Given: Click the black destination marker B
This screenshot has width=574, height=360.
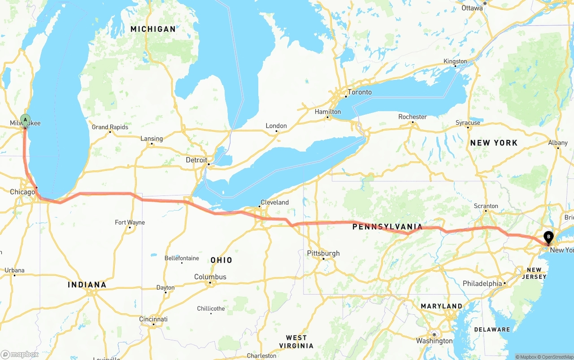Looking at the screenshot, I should point(548,236).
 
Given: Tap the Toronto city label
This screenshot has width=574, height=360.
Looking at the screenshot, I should point(360,92).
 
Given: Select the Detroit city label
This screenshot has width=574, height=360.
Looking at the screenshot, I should point(196,160).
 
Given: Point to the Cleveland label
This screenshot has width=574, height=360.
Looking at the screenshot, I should point(274,202).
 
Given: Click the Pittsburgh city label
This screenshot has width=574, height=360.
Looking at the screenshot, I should point(323,253).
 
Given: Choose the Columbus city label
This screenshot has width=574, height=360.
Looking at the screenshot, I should point(210,277).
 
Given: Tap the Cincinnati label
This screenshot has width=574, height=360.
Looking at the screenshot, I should point(153,319).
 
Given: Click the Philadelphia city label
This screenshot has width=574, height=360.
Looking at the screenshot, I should point(482,284).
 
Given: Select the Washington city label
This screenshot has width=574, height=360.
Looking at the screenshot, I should point(434,341).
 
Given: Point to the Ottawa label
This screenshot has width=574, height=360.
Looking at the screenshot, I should point(472,8).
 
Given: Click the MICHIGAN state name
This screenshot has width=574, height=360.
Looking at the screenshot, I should point(153,29).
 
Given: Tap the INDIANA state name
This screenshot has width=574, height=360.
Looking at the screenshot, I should point(87,285).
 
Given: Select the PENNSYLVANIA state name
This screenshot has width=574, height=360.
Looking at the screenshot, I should point(387,227).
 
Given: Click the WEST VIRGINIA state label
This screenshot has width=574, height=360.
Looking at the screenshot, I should point(296,342).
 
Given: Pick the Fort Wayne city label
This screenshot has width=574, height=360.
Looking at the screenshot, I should point(130,222).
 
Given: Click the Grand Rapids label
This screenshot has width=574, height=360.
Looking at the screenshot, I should point(110,127).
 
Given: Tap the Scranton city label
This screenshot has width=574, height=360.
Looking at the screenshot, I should point(486,206).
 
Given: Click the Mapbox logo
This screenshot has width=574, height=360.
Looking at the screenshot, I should point(20,354).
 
